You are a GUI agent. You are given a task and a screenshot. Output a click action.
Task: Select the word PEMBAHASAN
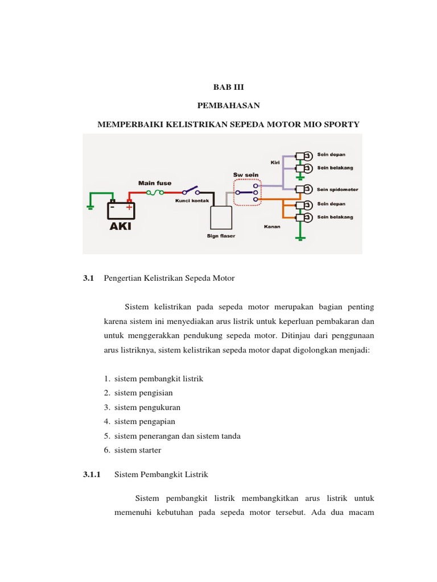tap(228, 106)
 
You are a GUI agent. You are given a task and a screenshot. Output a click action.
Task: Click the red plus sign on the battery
tap(130, 208)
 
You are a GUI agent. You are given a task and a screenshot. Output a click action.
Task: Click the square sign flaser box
tap(220, 217)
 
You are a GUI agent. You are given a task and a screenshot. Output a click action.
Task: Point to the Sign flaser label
tap(221, 235)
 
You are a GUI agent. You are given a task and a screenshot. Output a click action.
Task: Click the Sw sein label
tap(246, 174)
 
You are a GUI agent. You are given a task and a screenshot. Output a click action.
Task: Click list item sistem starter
tap(138, 450)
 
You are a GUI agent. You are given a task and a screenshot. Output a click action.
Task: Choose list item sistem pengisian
tap(143, 393)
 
